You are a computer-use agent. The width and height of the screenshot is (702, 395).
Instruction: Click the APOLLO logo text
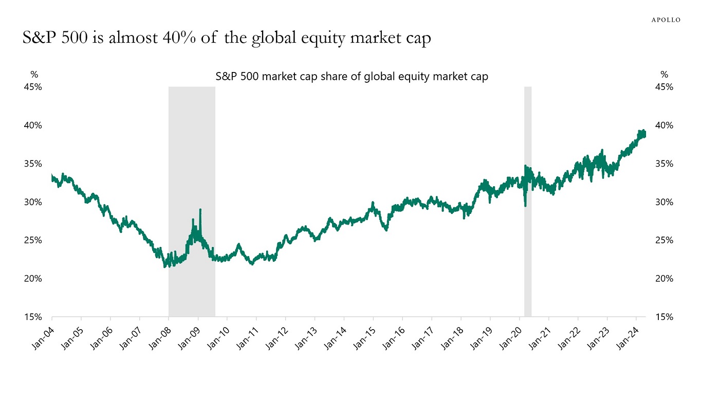(x=666, y=20)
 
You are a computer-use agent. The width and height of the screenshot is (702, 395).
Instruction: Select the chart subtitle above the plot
(x=351, y=77)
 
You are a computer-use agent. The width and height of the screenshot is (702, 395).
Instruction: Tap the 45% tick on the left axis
(x=33, y=87)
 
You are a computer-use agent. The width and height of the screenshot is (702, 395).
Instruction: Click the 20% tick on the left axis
(x=33, y=279)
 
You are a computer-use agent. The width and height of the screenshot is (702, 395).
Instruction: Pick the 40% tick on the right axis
(x=664, y=125)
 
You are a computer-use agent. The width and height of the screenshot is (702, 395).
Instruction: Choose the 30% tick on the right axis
(x=664, y=202)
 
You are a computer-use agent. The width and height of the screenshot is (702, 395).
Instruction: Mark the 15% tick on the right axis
(x=664, y=317)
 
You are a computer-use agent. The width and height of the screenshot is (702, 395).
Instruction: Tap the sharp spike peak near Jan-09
(x=200, y=210)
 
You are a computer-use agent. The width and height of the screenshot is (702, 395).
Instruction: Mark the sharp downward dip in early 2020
(x=525, y=206)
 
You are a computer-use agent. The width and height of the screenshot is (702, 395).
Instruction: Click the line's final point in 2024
(x=645, y=134)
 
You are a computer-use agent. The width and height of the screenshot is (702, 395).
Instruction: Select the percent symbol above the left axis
(x=34, y=75)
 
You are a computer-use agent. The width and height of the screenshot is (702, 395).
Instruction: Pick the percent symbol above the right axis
(x=664, y=75)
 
